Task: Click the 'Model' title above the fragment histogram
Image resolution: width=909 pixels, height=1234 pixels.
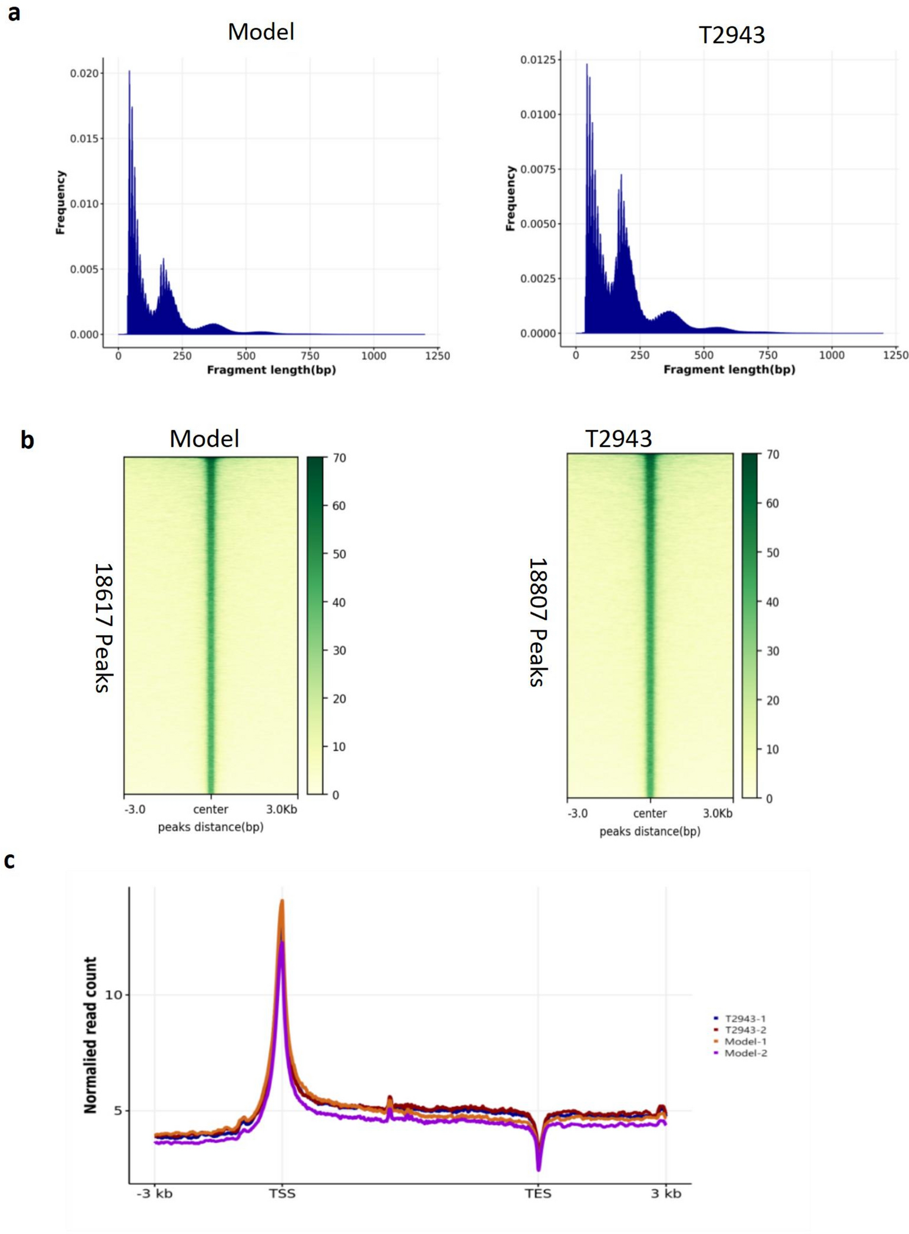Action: pyautogui.click(x=261, y=32)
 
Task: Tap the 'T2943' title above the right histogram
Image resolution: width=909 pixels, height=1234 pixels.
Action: pyautogui.click(x=731, y=35)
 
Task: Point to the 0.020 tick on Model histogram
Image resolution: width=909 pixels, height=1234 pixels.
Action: pyautogui.click(x=85, y=74)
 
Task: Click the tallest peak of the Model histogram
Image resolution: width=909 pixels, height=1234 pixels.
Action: pyautogui.click(x=130, y=72)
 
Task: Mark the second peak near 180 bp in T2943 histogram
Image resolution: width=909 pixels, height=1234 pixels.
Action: pyautogui.click(x=621, y=175)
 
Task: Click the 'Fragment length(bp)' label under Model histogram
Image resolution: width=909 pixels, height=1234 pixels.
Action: pyautogui.click(x=271, y=370)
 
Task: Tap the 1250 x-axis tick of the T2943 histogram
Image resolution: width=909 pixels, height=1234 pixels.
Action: pyautogui.click(x=895, y=355)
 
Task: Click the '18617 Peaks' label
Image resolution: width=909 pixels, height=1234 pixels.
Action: pyautogui.click(x=104, y=627)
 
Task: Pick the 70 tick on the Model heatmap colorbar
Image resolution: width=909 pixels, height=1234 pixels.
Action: pyautogui.click(x=339, y=457)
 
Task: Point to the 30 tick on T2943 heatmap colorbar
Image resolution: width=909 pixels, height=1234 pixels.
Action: pyautogui.click(x=772, y=651)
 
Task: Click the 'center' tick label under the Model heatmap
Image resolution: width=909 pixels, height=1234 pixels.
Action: pyautogui.click(x=211, y=809)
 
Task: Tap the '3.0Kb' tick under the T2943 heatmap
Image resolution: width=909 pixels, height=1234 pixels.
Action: pyautogui.click(x=718, y=813)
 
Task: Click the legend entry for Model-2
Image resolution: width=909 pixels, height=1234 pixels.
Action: pyautogui.click(x=745, y=1053)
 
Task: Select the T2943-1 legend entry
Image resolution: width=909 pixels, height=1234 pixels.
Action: pyautogui.click(x=745, y=1018)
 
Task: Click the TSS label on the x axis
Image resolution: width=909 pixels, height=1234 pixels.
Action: pyautogui.click(x=282, y=1193)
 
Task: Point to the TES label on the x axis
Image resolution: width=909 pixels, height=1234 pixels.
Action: pyautogui.click(x=538, y=1193)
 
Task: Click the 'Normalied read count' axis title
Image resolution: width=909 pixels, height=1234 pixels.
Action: pyautogui.click(x=90, y=1035)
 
